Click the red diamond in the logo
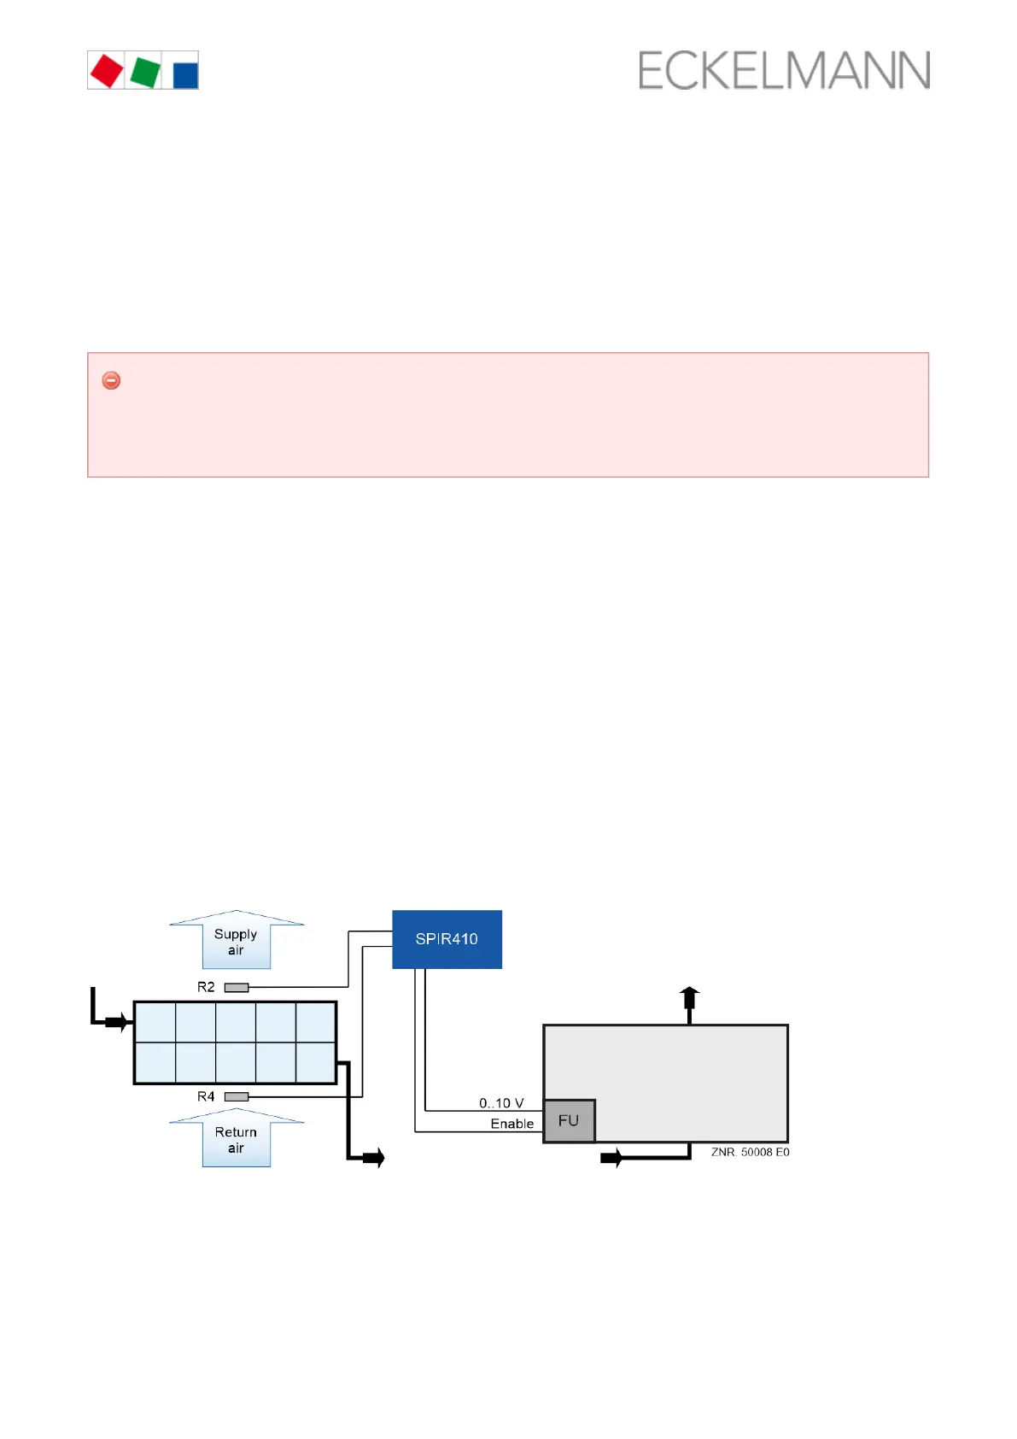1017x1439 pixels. coord(107,71)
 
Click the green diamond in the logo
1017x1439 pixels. coord(145,72)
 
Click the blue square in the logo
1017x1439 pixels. coord(185,74)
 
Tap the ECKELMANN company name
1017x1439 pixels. coord(784,71)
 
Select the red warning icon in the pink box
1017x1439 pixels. coord(111,380)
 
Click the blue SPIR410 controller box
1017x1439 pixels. coord(447,939)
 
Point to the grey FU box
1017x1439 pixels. coord(569,1120)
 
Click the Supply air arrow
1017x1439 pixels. coord(237,940)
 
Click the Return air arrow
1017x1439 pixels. coord(237,1138)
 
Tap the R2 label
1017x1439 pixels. coord(206,987)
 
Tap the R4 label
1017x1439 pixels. coord(206,1096)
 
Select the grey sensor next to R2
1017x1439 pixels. coord(237,987)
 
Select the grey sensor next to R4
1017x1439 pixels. coord(237,1096)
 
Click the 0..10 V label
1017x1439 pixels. coord(501,1103)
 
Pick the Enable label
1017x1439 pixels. coord(511,1124)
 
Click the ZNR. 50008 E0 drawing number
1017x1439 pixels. coord(750,1152)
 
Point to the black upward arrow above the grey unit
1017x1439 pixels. coord(689,996)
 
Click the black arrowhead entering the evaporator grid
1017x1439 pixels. coord(120,1021)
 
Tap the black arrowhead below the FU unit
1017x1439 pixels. coord(611,1158)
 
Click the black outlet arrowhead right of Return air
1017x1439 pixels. coord(374,1158)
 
